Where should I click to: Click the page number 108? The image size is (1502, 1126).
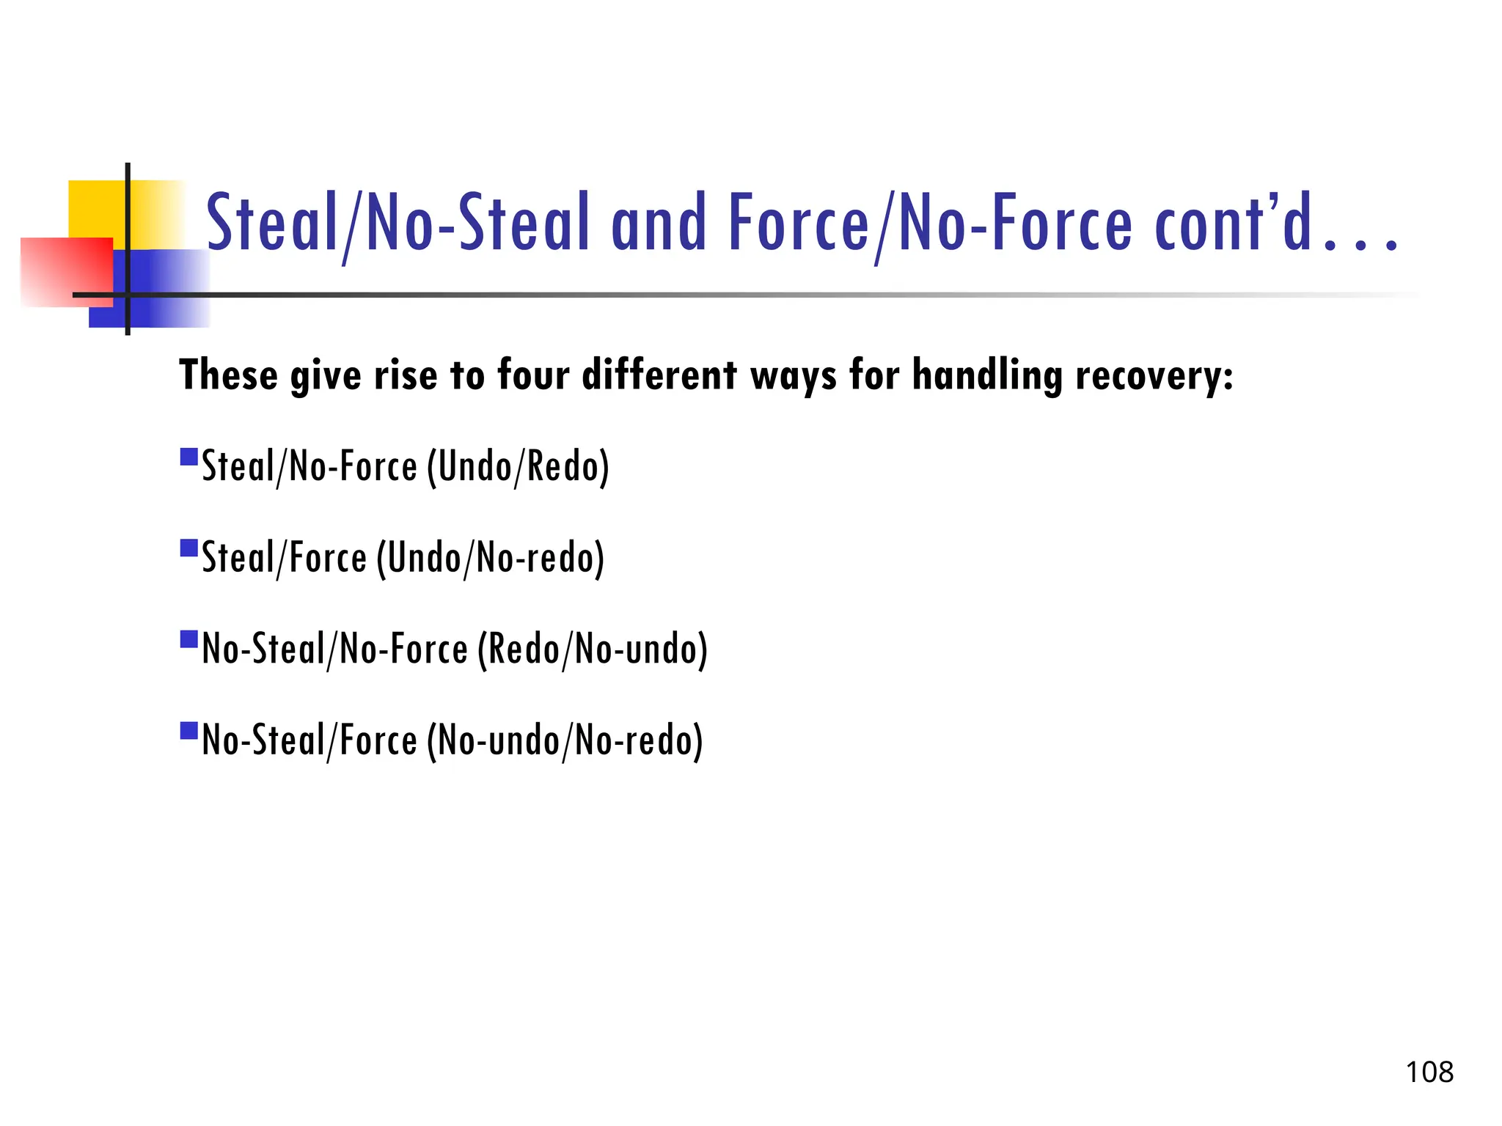(1429, 1072)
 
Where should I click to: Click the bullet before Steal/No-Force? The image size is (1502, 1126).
(189, 457)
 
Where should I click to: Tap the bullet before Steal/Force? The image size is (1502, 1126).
(189, 548)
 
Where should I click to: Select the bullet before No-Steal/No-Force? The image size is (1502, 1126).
(189, 639)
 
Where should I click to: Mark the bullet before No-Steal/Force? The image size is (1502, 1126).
(189, 731)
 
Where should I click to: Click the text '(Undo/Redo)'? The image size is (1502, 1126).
(518, 467)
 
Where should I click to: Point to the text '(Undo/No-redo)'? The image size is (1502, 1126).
(491, 559)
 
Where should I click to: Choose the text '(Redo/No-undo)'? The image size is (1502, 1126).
(592, 650)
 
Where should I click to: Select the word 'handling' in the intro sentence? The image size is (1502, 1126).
(987, 375)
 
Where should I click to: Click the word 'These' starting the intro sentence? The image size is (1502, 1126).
(228, 375)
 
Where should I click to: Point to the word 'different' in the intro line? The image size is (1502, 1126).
(659, 375)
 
